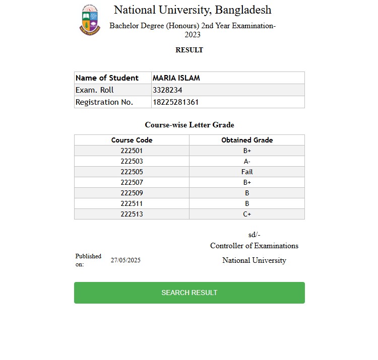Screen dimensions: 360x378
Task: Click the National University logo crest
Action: (x=90, y=20)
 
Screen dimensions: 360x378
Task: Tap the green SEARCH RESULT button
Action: (x=190, y=293)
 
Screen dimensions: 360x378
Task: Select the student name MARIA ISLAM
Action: (x=176, y=78)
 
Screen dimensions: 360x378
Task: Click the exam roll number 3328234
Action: (x=167, y=90)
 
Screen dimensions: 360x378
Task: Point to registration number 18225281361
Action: (x=175, y=102)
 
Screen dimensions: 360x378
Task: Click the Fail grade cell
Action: (x=247, y=172)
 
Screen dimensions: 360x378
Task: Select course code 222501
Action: (x=132, y=151)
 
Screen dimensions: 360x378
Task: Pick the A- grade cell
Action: (x=247, y=161)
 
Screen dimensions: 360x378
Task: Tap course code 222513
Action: (x=132, y=214)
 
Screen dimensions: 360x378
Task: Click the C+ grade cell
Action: (x=247, y=214)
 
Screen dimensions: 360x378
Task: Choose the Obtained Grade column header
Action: (x=247, y=140)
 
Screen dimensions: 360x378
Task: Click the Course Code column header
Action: (x=132, y=140)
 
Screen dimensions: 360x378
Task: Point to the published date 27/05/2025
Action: (x=125, y=260)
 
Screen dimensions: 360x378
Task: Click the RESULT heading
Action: (x=189, y=50)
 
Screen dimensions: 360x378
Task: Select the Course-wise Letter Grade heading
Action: (x=190, y=125)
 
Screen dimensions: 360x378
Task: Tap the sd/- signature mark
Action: (x=254, y=235)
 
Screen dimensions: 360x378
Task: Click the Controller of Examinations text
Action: (x=254, y=246)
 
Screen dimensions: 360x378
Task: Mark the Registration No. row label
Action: (x=104, y=102)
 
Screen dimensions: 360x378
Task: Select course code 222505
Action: (x=132, y=172)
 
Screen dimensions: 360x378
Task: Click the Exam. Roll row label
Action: (x=95, y=90)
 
